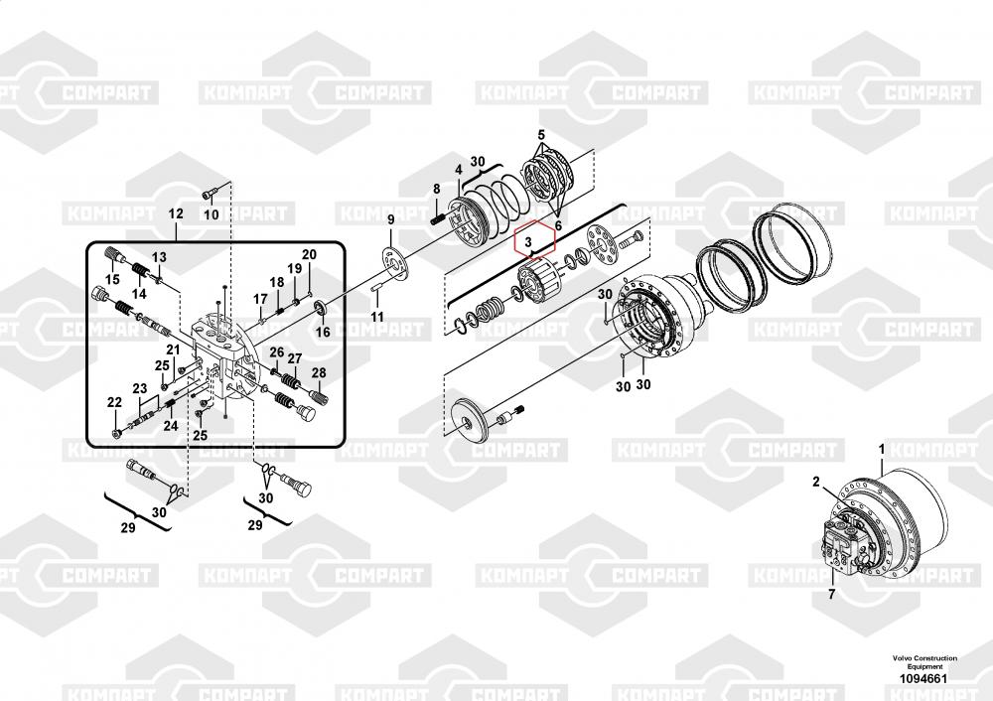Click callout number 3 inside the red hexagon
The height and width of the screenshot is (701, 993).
(530, 241)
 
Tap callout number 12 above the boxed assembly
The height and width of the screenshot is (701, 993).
(176, 214)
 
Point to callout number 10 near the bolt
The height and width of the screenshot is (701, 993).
(211, 214)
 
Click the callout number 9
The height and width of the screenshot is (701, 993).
(390, 219)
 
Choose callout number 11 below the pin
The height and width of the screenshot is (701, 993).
(376, 317)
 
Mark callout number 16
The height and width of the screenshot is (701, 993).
(323, 334)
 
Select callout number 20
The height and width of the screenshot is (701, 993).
(309, 255)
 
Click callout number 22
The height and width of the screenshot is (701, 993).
(114, 402)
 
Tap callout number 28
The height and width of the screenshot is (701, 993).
(319, 373)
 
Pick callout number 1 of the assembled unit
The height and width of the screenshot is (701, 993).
(881, 450)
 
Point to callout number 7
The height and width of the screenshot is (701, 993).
(832, 595)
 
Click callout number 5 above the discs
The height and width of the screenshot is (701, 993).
(541, 134)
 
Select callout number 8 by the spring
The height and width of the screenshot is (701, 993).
(436, 189)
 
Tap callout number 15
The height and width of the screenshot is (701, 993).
(112, 281)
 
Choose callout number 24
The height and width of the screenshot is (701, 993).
(170, 425)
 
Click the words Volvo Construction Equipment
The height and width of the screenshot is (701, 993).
(924, 663)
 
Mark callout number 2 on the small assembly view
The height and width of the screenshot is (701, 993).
(815, 483)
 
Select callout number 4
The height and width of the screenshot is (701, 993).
(458, 171)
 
